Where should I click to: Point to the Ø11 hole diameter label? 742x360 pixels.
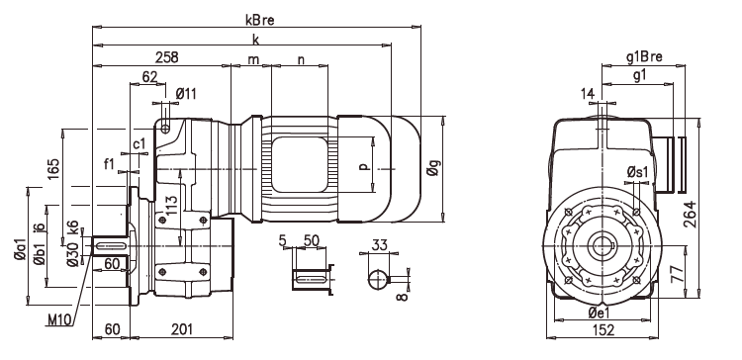pyautogui.click(x=186, y=93)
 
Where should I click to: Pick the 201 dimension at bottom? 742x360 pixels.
pyautogui.click(x=181, y=328)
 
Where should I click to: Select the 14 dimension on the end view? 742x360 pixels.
pyautogui.click(x=590, y=93)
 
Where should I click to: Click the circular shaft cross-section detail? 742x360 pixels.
pyautogui.click(x=379, y=279)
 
